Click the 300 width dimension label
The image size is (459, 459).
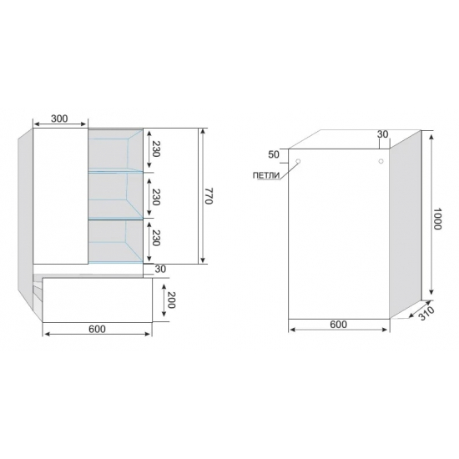[59, 119]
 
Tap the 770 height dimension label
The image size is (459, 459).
[208, 196]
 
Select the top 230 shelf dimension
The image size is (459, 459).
[156, 149]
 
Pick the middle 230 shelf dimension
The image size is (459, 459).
[156, 197]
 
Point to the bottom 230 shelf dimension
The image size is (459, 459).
[156, 238]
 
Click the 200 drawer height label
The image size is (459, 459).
[171, 300]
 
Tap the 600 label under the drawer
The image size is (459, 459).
[97, 329]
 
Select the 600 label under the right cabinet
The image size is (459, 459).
[338, 325]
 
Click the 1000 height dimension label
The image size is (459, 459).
[437, 219]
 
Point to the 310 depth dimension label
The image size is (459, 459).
[426, 314]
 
